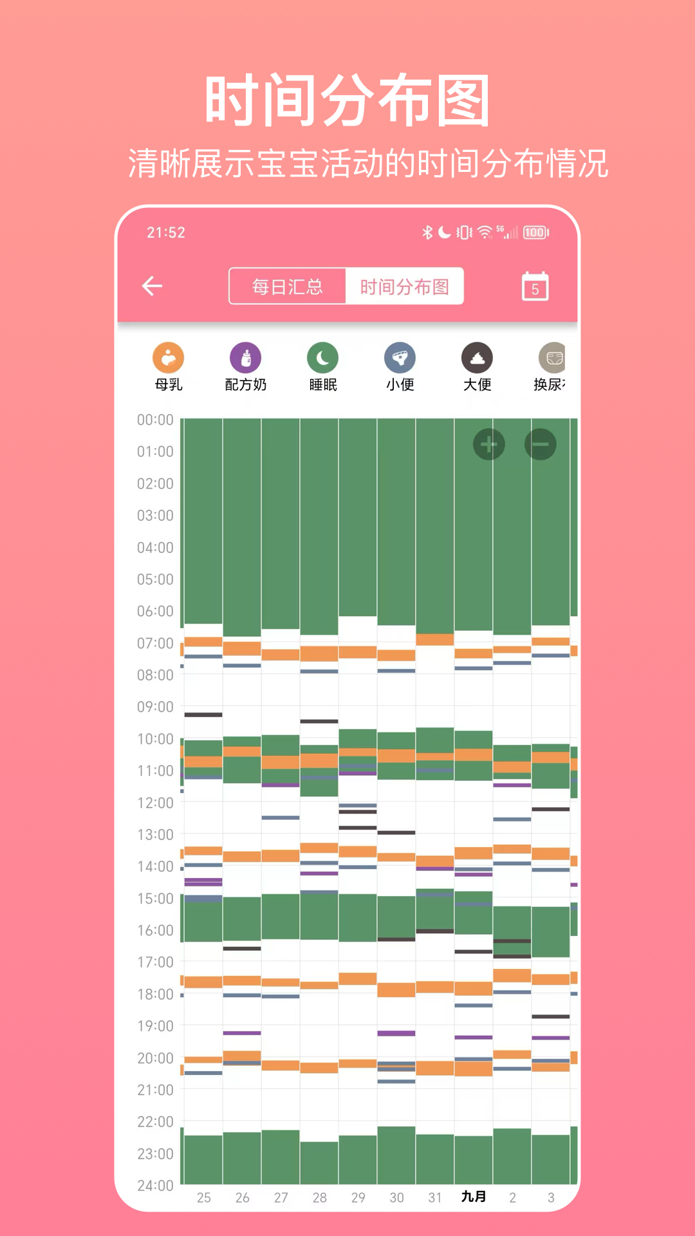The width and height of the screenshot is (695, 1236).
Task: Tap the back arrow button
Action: pyautogui.click(x=153, y=286)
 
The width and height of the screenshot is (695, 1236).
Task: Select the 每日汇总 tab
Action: pyautogui.click(x=287, y=286)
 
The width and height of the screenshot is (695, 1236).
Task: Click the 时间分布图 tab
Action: pyautogui.click(x=404, y=286)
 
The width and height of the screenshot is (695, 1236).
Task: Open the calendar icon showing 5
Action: pyautogui.click(x=535, y=286)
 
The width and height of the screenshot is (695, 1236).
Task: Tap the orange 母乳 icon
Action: pyautogui.click(x=169, y=358)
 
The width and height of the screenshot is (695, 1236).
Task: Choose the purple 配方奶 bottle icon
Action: pyautogui.click(x=246, y=358)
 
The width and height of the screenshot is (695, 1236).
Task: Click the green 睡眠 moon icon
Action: pyautogui.click(x=323, y=358)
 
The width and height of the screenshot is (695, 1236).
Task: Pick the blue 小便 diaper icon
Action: pyautogui.click(x=400, y=358)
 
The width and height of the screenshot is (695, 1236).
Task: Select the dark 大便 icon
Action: pyautogui.click(x=477, y=358)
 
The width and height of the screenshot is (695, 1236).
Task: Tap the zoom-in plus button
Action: pyautogui.click(x=489, y=444)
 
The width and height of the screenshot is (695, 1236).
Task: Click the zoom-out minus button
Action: pyautogui.click(x=541, y=444)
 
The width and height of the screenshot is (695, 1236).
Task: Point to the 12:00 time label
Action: pyautogui.click(x=155, y=803)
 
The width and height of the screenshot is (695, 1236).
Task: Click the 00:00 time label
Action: pyautogui.click(x=155, y=420)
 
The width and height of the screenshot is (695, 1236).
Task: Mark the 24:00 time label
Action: pyautogui.click(x=155, y=1186)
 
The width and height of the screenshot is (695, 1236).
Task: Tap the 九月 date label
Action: pyautogui.click(x=474, y=1197)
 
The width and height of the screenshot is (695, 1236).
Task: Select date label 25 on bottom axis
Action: pyautogui.click(x=203, y=1197)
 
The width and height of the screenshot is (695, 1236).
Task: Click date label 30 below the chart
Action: pyautogui.click(x=396, y=1197)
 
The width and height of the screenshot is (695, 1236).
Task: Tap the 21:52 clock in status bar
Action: pyautogui.click(x=166, y=232)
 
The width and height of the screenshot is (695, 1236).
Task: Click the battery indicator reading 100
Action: pyautogui.click(x=535, y=232)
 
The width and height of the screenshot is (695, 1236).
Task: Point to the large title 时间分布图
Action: pyautogui.click(x=347, y=100)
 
